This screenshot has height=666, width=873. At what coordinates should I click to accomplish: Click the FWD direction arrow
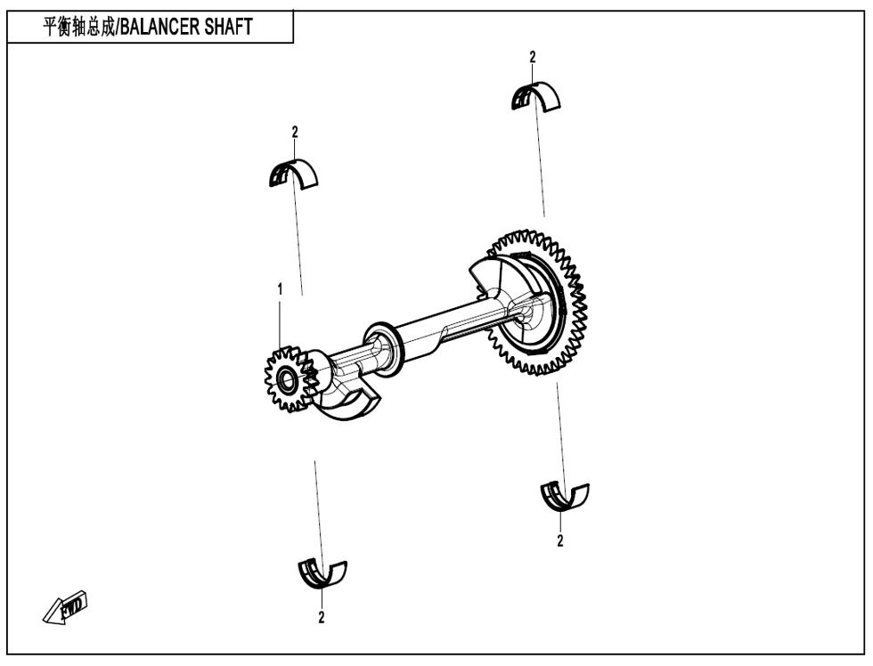click(65, 607)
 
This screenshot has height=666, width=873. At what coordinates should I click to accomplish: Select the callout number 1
click(280, 289)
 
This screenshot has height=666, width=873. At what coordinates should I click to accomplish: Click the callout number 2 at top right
click(533, 57)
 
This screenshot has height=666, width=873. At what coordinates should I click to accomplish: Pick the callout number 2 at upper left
click(295, 132)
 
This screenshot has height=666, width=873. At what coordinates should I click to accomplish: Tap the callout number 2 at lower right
click(560, 540)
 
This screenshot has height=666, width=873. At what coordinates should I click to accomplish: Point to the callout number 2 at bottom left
click(322, 617)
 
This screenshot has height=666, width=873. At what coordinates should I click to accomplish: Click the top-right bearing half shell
click(535, 96)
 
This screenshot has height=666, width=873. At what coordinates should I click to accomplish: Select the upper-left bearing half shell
click(293, 174)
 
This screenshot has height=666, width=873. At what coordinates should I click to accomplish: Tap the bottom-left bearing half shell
click(322, 573)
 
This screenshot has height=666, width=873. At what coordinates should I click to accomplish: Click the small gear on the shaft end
click(288, 379)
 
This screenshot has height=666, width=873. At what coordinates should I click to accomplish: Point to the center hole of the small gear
click(287, 380)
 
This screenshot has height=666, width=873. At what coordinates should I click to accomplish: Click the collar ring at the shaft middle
click(383, 349)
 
